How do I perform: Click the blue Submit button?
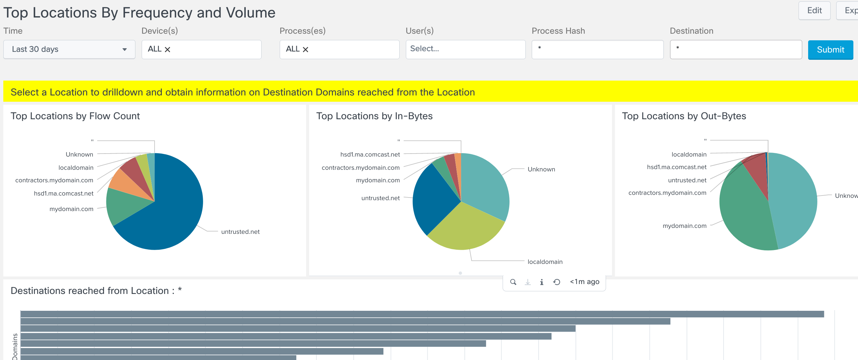pyautogui.click(x=830, y=50)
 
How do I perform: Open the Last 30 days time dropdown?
pyautogui.click(x=69, y=49)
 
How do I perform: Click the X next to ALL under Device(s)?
pyautogui.click(x=167, y=50)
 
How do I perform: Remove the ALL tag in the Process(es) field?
pyautogui.click(x=305, y=50)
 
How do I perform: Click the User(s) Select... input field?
pyautogui.click(x=465, y=49)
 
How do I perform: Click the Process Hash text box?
pyautogui.click(x=597, y=49)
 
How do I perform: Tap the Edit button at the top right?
pyautogui.click(x=814, y=11)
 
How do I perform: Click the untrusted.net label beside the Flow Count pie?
pyautogui.click(x=240, y=232)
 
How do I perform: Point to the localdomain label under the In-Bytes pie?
pyautogui.click(x=545, y=262)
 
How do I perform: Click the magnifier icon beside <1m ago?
pyautogui.click(x=513, y=282)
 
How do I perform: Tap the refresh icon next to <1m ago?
pyautogui.click(x=556, y=282)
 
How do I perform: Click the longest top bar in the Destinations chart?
pyautogui.click(x=420, y=314)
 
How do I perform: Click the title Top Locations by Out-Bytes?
pyautogui.click(x=684, y=116)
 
